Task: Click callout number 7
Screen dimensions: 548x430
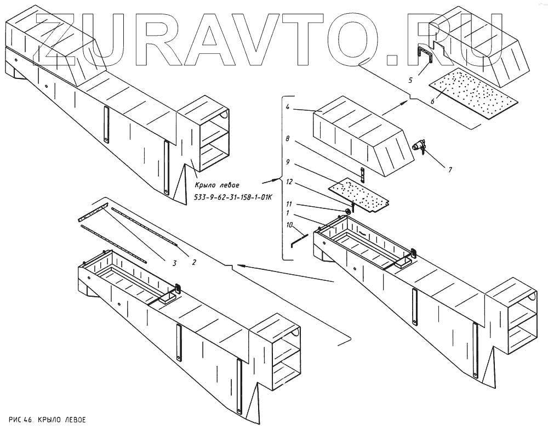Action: click(x=450, y=169)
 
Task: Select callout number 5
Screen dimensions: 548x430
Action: click(x=410, y=81)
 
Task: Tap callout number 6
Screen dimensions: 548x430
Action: click(x=433, y=101)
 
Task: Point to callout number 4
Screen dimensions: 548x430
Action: click(x=287, y=107)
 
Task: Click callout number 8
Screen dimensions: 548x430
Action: click(x=287, y=139)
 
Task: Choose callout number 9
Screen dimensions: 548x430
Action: click(x=287, y=162)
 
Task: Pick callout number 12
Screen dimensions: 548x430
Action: click(x=289, y=182)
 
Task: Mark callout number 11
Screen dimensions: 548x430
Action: click(x=289, y=204)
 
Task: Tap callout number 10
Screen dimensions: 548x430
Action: click(x=289, y=225)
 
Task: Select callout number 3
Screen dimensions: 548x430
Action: click(x=174, y=263)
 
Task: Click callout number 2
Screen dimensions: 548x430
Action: click(x=194, y=262)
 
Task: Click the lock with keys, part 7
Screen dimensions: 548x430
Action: click(x=419, y=147)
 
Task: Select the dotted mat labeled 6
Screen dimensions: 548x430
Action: click(x=473, y=93)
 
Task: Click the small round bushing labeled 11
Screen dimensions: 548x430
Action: click(x=348, y=211)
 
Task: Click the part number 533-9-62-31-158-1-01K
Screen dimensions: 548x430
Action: click(x=233, y=197)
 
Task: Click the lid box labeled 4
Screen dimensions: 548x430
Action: click(x=362, y=137)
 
